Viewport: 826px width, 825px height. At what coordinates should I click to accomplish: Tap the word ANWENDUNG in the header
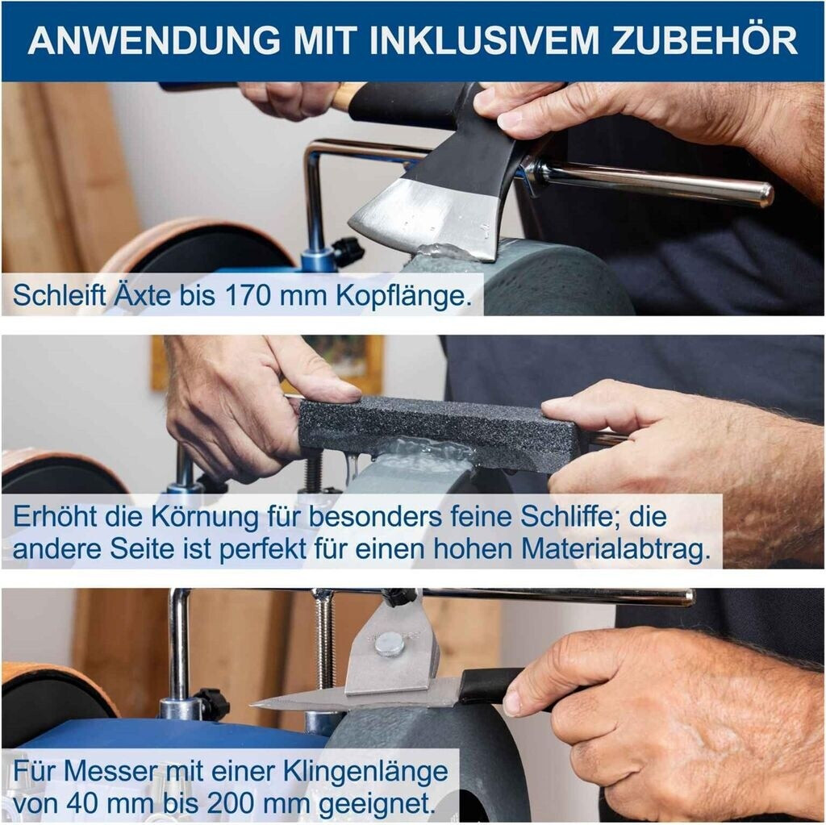[x=154, y=40]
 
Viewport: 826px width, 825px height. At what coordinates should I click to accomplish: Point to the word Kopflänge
[x=403, y=296]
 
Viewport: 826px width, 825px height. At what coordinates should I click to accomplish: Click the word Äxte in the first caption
[x=142, y=294]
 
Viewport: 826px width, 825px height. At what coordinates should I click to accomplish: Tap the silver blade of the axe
[x=427, y=216]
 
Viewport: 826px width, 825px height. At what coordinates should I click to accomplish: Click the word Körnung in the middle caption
[x=206, y=517]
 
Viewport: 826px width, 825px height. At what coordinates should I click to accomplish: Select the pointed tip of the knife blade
[x=252, y=704]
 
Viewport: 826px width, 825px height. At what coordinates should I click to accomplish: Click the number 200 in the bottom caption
[x=230, y=804]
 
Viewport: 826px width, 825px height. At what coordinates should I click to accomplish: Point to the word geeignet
[x=379, y=806]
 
